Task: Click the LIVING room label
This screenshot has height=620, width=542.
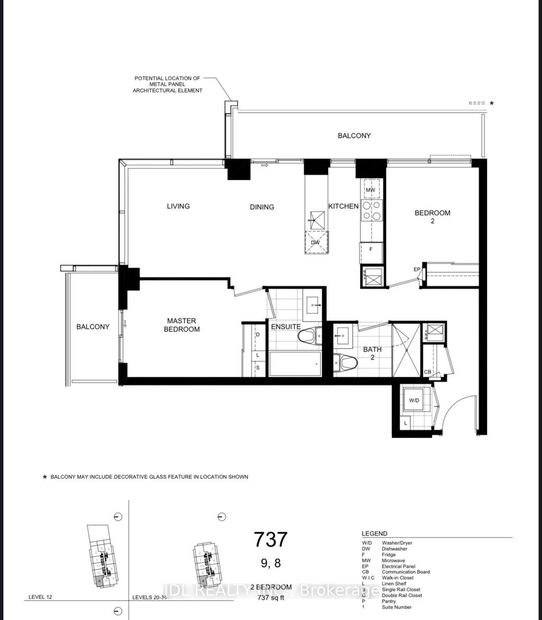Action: [x=178, y=206]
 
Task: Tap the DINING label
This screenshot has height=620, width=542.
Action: [x=262, y=207]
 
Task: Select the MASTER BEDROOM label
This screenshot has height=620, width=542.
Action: [x=182, y=325]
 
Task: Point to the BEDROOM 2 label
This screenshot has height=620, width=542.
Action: [x=432, y=217]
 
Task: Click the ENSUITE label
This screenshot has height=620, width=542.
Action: [x=286, y=327]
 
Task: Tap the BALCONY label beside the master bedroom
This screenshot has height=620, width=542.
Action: [x=93, y=326]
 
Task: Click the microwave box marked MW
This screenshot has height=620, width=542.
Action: [x=371, y=189]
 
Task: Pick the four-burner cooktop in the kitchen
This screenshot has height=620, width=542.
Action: [x=371, y=211]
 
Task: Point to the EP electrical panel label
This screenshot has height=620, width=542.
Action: [x=417, y=269]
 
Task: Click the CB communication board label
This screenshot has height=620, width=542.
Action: [x=427, y=372]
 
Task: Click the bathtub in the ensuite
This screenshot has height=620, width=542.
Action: [x=295, y=364]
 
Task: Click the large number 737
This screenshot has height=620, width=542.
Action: [x=270, y=539]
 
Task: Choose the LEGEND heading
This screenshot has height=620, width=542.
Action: [x=374, y=533]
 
